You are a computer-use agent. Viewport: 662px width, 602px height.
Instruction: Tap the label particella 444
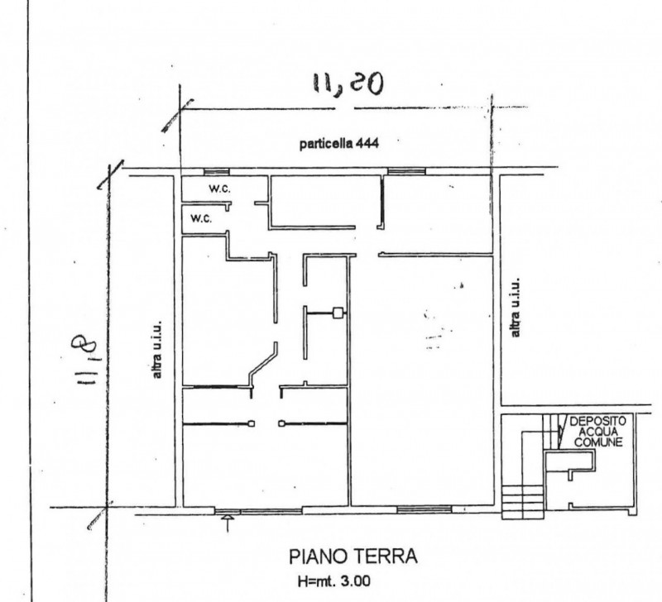(x=338, y=143)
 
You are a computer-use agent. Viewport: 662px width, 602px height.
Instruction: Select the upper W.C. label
(x=219, y=189)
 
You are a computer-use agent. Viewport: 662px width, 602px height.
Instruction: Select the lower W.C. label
(x=201, y=219)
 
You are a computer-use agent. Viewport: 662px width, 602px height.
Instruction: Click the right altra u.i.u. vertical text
(x=516, y=308)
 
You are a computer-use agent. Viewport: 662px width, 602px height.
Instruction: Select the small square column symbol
(x=338, y=313)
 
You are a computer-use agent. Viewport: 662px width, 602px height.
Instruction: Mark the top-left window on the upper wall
(x=217, y=172)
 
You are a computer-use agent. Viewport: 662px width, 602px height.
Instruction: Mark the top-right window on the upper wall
(x=405, y=172)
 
